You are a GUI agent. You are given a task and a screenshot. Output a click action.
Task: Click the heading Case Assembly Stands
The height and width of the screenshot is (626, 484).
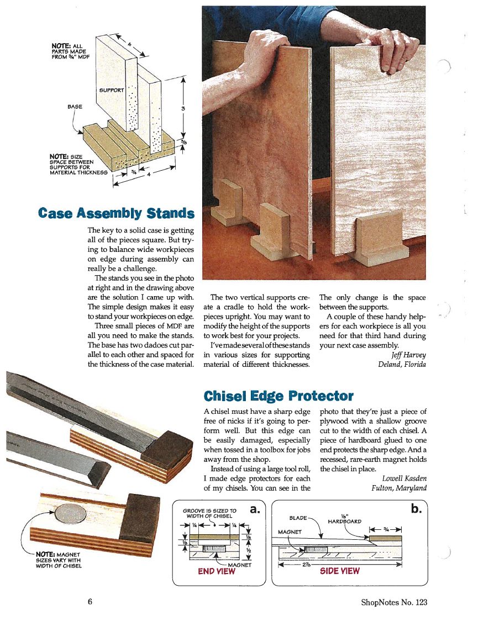click(x=116, y=213)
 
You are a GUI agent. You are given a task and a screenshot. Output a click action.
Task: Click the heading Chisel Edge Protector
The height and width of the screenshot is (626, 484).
click(x=278, y=396)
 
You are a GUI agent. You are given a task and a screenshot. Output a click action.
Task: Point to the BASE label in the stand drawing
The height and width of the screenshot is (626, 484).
click(x=74, y=106)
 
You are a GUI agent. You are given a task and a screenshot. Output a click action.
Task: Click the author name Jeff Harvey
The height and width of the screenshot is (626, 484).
click(x=408, y=355)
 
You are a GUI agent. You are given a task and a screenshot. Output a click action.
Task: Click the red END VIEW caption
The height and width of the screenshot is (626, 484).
click(x=216, y=571)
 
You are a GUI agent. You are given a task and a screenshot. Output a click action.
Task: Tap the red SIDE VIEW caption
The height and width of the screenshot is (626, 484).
click(x=340, y=571)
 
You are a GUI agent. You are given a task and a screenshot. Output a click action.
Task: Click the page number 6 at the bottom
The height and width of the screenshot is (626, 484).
click(x=90, y=602)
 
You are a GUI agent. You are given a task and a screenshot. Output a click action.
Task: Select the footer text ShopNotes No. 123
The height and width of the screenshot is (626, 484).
click(x=394, y=602)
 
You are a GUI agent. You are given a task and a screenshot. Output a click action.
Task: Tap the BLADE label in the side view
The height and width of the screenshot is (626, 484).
click(x=298, y=518)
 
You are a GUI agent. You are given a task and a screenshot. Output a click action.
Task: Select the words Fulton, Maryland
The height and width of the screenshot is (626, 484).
click(x=399, y=488)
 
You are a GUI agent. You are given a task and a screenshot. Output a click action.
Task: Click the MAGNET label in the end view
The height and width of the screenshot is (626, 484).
click(x=240, y=565)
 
